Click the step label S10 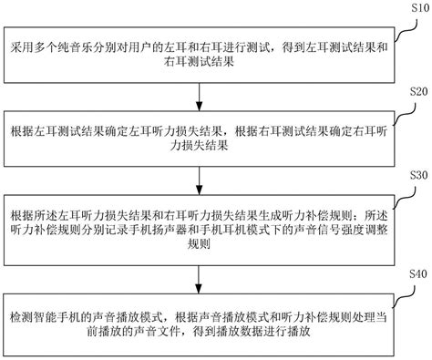pos(420,7)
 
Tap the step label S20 pos(418,91)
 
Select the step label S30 pos(418,175)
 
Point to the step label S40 pos(418,273)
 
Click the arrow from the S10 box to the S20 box pos(199,97)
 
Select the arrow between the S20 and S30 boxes pos(199,180)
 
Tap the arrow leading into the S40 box pos(199,280)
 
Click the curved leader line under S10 pos(405,30)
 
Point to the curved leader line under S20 pos(405,114)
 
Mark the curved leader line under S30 pos(405,198)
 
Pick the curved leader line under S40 pos(404,297)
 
